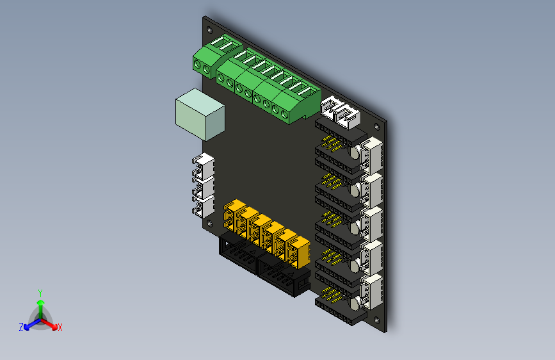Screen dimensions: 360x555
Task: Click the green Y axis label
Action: coord(40,292)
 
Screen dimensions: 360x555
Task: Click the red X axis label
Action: coord(60,327)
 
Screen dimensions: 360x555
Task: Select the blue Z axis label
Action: coord(21,327)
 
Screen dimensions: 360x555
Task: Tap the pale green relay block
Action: coord(200,114)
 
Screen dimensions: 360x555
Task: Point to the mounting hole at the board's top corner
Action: coord(208,28)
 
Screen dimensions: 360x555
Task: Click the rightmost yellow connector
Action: coord(298,252)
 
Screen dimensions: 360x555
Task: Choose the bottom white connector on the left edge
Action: coord(203,206)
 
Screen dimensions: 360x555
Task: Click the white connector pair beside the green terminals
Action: coord(341,113)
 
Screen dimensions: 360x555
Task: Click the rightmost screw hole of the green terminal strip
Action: coord(285,115)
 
